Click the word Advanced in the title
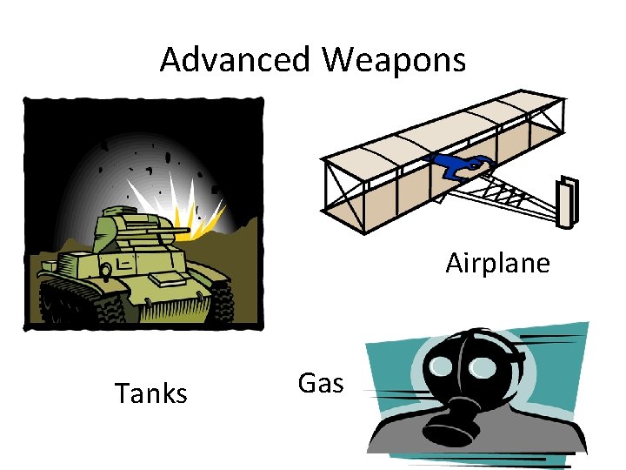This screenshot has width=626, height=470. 235,60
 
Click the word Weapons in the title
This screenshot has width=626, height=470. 394,60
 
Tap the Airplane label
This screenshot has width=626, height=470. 497,262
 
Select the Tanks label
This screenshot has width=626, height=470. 151,393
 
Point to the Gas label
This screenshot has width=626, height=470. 321,383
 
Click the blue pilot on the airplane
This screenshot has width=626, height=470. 460,165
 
